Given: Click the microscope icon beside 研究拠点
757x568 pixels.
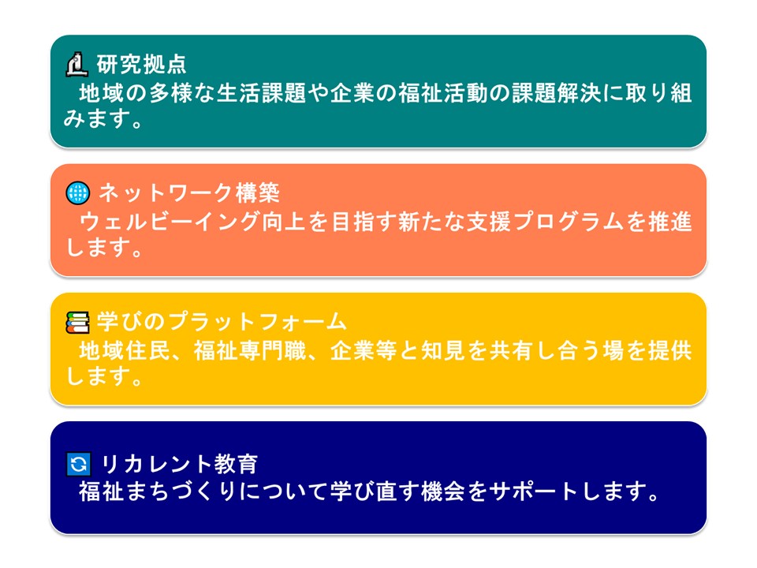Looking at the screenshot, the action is pos(76,64).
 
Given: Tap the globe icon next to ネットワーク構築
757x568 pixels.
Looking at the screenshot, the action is pos(78,193).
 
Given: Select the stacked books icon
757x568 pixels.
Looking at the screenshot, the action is pos(77,322).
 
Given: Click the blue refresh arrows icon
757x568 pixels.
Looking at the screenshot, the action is pos(78,464).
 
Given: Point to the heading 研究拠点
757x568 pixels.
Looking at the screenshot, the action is pos(141,64).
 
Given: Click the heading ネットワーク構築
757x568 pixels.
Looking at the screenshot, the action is pos(189,193).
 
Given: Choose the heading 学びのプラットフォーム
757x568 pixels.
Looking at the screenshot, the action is pos(222,322).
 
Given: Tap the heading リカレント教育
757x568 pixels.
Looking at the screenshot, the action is pos(179,464).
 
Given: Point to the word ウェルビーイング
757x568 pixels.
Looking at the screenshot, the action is pos(169,222).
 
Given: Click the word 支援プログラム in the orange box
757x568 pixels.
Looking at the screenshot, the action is pos(546,222).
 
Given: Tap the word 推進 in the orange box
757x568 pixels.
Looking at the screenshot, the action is pos(670,222).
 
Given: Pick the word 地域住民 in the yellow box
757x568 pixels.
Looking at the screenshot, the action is pos(124,350).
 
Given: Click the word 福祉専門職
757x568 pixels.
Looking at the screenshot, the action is pos(250,350).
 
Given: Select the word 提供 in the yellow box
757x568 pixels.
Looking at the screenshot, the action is pos(670,350).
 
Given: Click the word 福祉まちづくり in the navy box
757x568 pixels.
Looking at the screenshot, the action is pos(158,491).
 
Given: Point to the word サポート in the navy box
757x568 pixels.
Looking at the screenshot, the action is pos(534,491).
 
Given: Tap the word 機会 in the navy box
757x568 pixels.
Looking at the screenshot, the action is pos(442,491).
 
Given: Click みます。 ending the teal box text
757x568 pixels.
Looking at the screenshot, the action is pos(104,118).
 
